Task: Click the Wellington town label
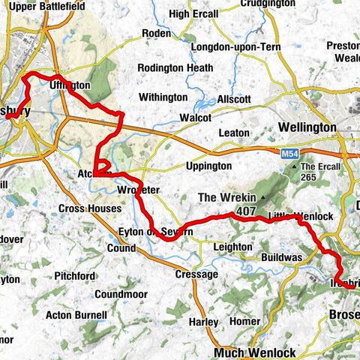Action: click(307, 127)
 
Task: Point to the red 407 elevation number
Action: click(244, 212)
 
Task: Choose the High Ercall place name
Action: click(194, 13)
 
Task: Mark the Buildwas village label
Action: click(281, 256)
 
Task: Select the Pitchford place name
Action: click(79, 276)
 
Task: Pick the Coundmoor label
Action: click(124, 294)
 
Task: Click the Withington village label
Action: click(163, 97)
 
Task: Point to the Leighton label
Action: click(232, 247)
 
